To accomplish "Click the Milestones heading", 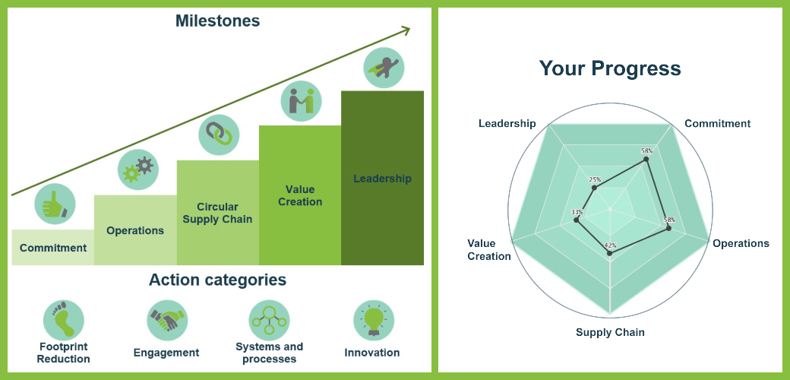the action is [218, 21].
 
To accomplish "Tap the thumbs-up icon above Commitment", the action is [55, 204].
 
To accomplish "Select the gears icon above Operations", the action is [138, 169].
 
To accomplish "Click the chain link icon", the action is [219, 135].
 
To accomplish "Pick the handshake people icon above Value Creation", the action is [302, 101].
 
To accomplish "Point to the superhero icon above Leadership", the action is [384, 68].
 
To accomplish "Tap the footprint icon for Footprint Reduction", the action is [64, 320].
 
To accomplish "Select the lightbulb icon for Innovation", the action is [374, 320].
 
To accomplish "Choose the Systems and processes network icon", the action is [269, 320].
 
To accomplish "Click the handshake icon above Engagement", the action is [167, 320].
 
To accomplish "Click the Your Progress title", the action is [610, 68].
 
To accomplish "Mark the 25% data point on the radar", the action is [595, 188].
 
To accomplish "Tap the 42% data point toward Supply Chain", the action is [610, 254].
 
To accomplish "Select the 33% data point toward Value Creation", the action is [577, 220].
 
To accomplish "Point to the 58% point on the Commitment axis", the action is [646, 160].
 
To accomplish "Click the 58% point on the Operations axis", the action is [668, 228].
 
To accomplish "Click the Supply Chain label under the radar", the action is [610, 332].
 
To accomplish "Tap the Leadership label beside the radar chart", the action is [507, 123].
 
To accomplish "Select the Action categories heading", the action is [218, 280].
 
